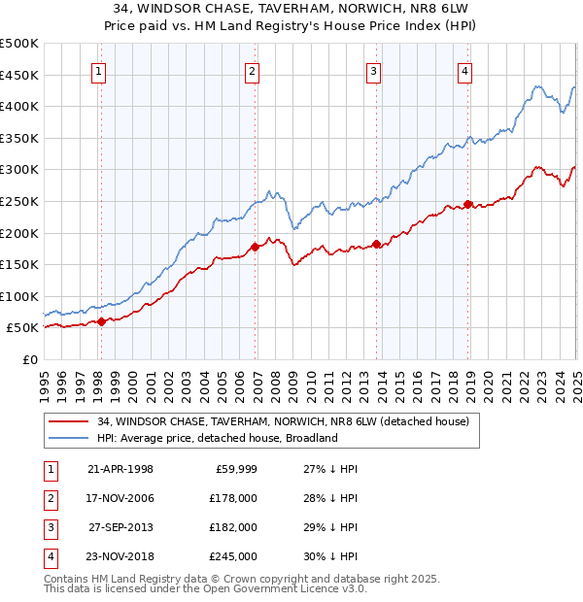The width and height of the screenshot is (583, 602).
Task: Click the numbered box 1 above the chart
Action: click(100, 70)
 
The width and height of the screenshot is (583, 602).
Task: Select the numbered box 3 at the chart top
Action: click(374, 70)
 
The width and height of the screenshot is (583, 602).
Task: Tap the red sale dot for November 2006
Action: click(255, 247)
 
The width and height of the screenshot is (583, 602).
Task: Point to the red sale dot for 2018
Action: click(467, 204)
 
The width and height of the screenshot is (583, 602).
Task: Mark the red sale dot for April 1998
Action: click(101, 321)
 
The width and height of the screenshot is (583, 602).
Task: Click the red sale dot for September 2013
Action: click(376, 244)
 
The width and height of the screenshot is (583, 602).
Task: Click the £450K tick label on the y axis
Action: click(19, 75)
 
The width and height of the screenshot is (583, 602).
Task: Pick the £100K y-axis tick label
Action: click(19, 296)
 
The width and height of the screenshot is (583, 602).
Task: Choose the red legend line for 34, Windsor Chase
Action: click(66, 421)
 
